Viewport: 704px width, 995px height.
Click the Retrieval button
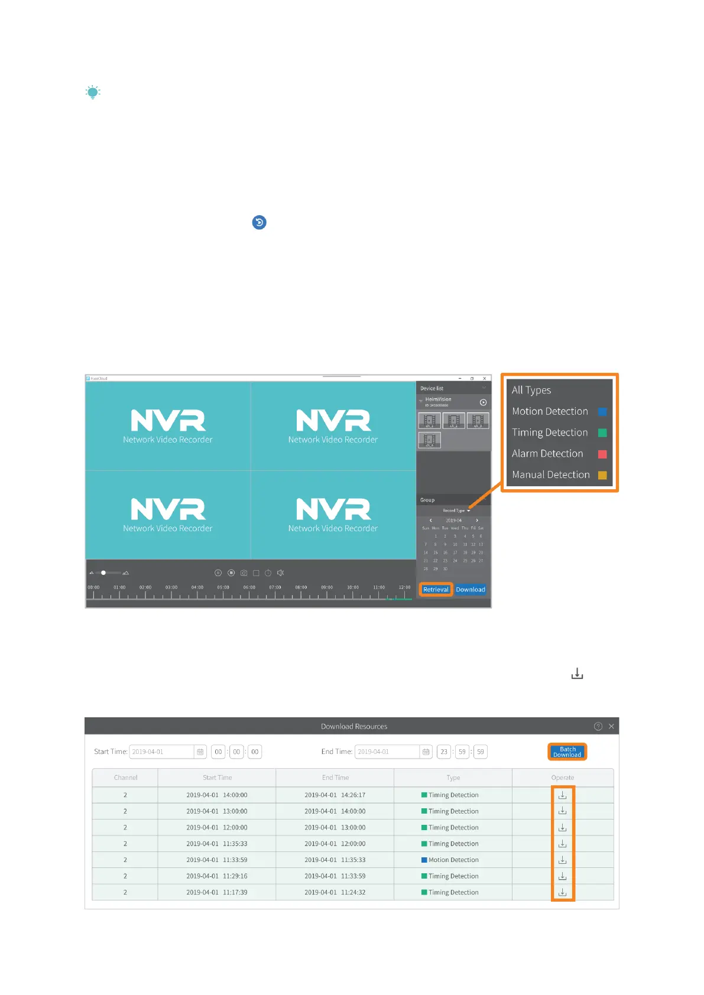click(436, 590)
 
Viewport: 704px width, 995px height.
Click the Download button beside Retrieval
click(471, 590)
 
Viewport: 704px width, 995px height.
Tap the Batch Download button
click(567, 752)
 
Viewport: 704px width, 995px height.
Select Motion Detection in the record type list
click(550, 411)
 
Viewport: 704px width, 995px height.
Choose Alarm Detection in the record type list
click(547, 454)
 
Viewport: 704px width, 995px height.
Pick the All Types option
click(531, 390)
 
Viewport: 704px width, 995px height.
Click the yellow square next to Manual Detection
click(602, 475)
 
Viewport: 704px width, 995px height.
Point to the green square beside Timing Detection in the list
click(602, 433)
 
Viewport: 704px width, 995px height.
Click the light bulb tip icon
click(93, 92)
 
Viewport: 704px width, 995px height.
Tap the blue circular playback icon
click(259, 222)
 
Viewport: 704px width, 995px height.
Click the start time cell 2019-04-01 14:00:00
click(217, 795)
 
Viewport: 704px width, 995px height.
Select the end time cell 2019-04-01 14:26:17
click(335, 795)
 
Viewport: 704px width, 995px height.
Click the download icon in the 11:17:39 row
click(562, 892)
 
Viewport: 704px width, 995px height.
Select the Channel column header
click(125, 778)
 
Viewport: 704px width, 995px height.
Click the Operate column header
click(562, 778)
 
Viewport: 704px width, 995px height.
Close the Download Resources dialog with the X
click(611, 726)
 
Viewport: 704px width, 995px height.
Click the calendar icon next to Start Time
click(200, 752)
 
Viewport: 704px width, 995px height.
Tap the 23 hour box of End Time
click(444, 752)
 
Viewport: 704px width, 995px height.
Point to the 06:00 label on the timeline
click(249, 587)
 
